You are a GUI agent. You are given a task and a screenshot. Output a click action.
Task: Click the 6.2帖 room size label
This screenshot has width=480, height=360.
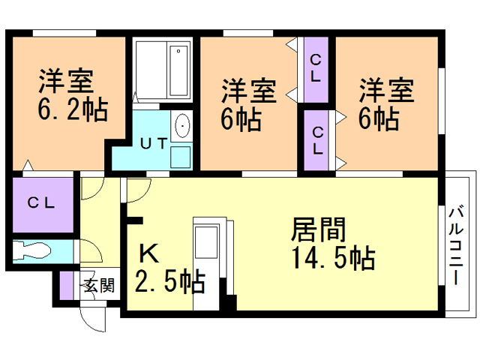pyautogui.click(x=73, y=109)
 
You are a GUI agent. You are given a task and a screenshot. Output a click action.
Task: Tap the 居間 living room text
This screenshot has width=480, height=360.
pyautogui.click(x=318, y=229)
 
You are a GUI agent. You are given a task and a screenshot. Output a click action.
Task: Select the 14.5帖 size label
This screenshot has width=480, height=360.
pyautogui.click(x=334, y=257)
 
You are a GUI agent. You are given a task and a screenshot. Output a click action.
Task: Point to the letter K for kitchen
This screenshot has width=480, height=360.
pyautogui.click(x=149, y=253)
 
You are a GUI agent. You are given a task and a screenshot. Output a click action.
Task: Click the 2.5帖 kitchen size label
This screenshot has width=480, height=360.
pyautogui.click(x=170, y=281)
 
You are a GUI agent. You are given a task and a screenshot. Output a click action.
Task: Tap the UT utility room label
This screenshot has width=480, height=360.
pyautogui.click(x=154, y=143)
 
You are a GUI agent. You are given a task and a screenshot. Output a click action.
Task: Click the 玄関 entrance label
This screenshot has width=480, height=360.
pyautogui.click(x=99, y=285)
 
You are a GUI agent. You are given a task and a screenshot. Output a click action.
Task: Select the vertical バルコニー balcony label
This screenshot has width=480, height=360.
pyautogui.click(x=456, y=246)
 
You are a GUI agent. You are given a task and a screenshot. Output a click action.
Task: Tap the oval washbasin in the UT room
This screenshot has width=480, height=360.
pyautogui.click(x=181, y=126)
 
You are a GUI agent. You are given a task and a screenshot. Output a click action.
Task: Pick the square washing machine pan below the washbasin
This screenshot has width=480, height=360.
pyautogui.click(x=180, y=157)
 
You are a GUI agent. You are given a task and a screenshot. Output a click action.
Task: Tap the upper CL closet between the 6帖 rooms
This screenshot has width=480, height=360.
pyautogui.click(x=316, y=70)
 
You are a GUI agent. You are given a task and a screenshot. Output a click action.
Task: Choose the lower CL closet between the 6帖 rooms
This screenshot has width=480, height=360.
pyautogui.click(x=316, y=140)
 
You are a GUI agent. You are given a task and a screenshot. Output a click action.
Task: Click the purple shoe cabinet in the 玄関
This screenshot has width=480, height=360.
pyautogui.click(x=67, y=286)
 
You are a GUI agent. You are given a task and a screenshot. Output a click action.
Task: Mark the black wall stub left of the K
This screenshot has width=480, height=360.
pyautogui.click(x=135, y=220)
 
